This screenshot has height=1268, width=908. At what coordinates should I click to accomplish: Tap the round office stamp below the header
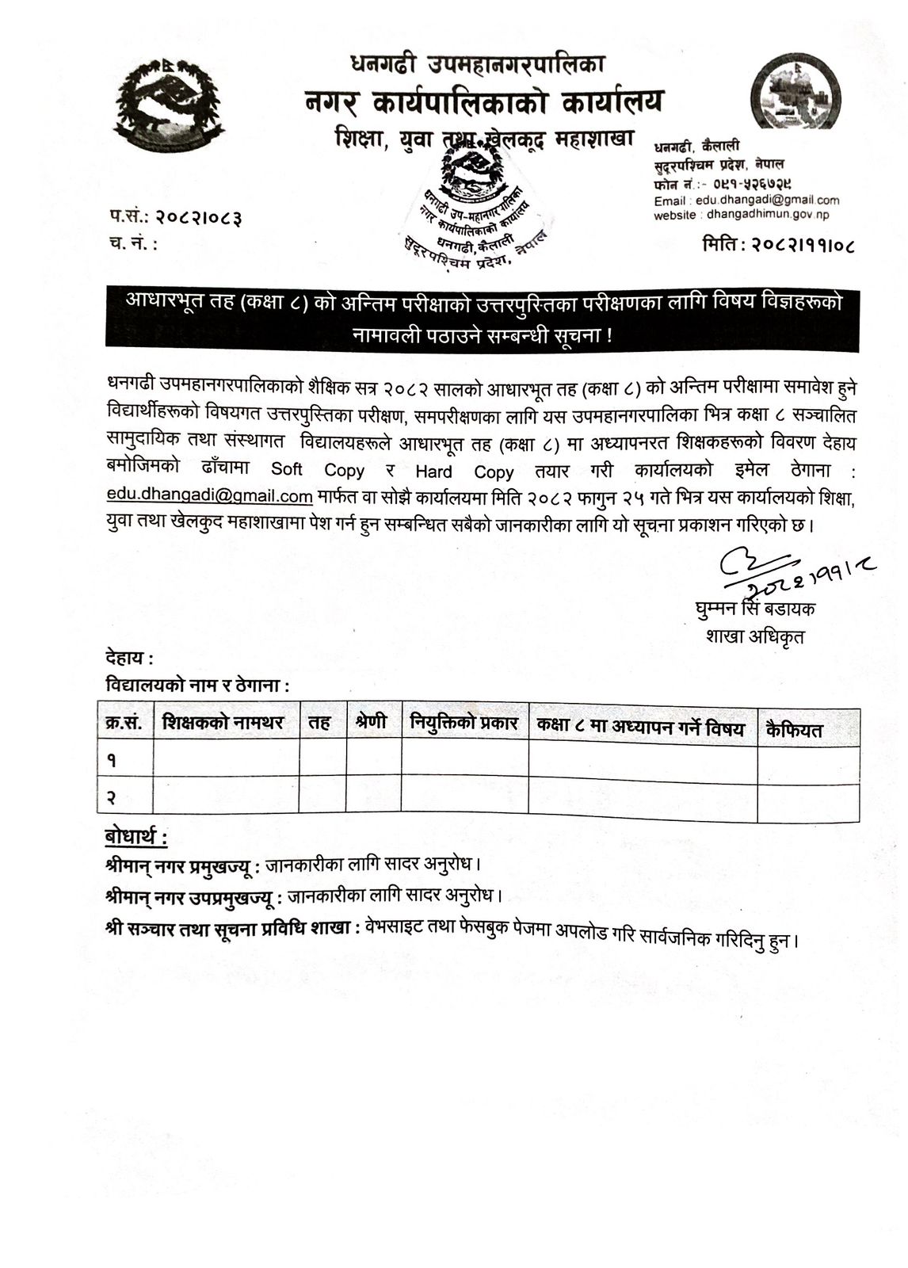[x=474, y=204]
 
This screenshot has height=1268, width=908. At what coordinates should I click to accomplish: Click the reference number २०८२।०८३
[x=199, y=216]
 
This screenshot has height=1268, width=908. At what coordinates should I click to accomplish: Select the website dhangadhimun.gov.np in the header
[x=768, y=215]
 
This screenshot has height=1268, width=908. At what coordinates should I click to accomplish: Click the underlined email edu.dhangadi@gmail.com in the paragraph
[x=210, y=496]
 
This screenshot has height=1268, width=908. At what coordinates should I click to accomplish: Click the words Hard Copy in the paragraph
[x=464, y=472]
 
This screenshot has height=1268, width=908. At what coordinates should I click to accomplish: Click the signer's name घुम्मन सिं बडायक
[x=753, y=609]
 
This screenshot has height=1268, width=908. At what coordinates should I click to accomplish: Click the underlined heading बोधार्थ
[x=135, y=837]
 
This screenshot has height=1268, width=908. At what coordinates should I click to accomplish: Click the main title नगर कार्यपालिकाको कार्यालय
[x=484, y=102]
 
